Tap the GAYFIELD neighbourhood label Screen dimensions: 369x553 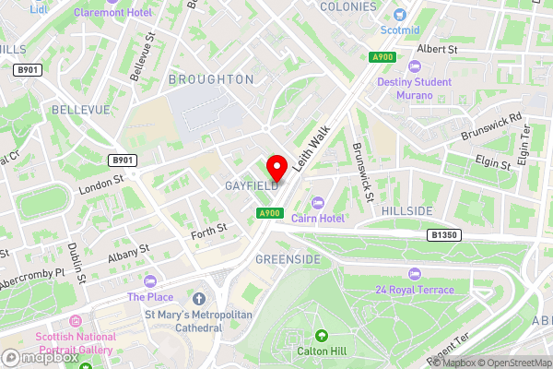pyautogui.click(x=251, y=186)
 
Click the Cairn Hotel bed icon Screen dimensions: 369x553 pyautogui.click(x=318, y=203)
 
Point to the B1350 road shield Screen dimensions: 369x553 pyautogui.click(x=444, y=236)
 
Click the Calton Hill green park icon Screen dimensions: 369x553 pyautogui.click(x=321, y=336)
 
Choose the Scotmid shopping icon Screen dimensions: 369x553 pyautogui.click(x=399, y=15)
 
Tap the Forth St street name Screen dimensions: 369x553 pyautogui.click(x=209, y=230)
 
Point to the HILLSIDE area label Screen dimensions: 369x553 pyautogui.click(x=406, y=211)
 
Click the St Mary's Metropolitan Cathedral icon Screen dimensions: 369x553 pyautogui.click(x=199, y=299)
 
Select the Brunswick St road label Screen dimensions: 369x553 pyautogui.click(x=362, y=172)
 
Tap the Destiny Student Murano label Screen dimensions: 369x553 pyautogui.click(x=414, y=88)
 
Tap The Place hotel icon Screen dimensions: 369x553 pyautogui.click(x=149, y=280)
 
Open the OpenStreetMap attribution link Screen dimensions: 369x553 pyautogui.click(x=513, y=363)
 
